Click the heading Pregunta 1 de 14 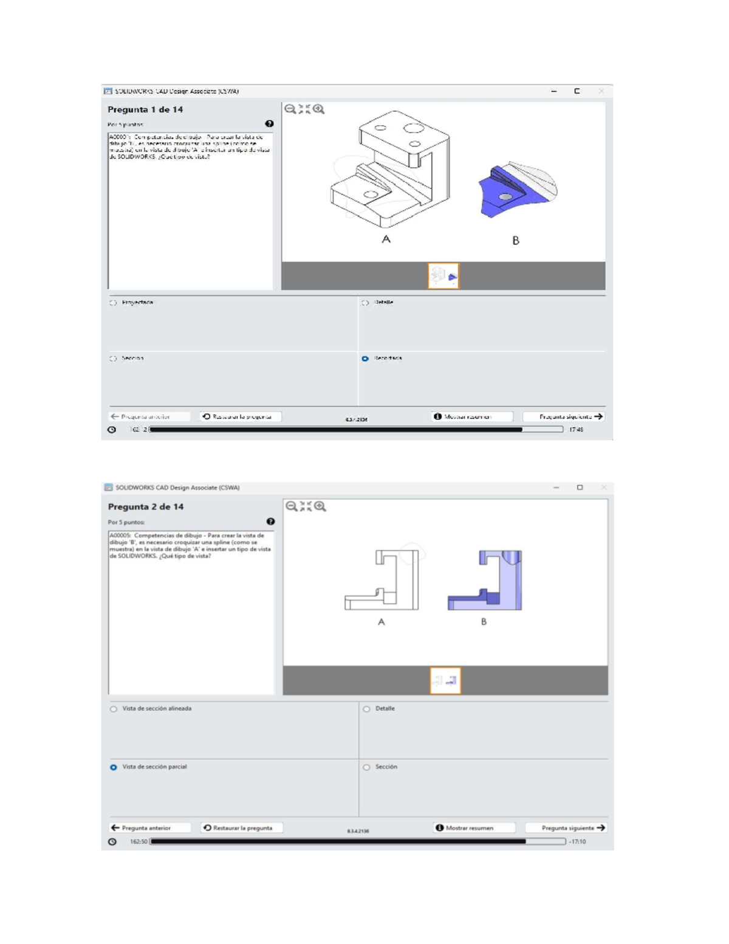[145, 109]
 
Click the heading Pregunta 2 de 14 [146, 506]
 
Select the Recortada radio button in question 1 [365, 359]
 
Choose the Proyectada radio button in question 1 [113, 303]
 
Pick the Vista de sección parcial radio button [114, 767]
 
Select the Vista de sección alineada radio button [114, 709]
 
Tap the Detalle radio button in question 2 [366, 709]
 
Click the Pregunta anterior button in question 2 [142, 828]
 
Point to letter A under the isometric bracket [386, 239]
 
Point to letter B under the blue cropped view [516, 240]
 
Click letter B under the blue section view [484, 622]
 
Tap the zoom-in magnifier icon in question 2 [320, 506]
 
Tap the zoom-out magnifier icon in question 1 [290, 109]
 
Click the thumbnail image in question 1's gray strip [443, 276]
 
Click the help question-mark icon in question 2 [270, 522]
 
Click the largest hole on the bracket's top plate [413, 128]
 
